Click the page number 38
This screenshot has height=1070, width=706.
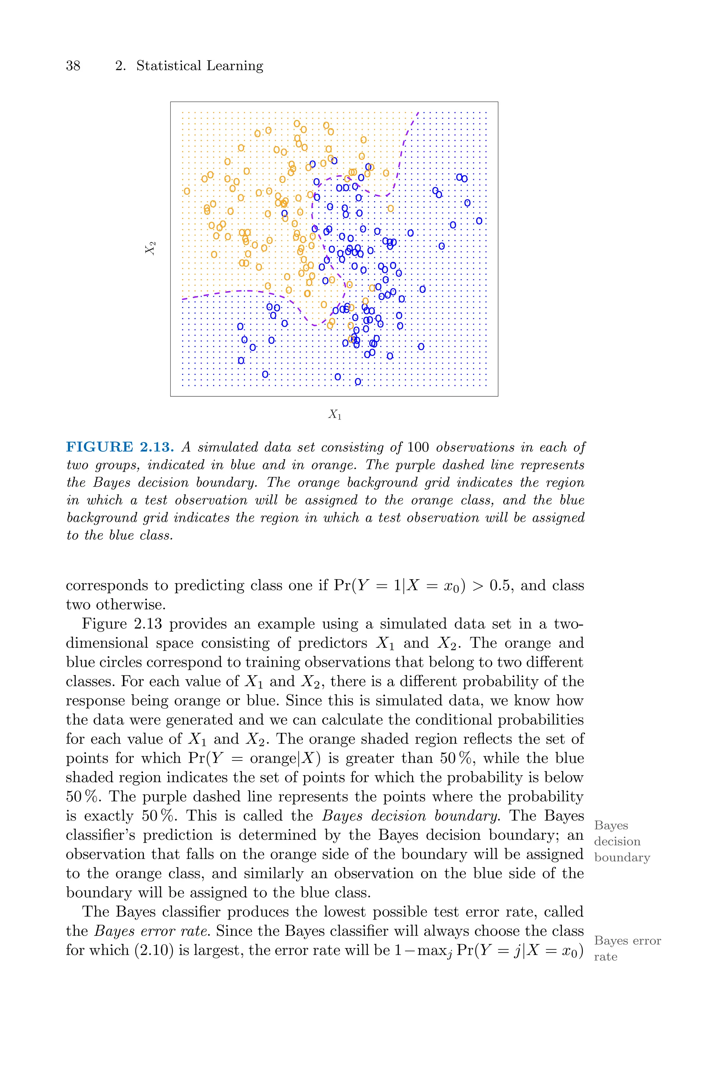pos(73,66)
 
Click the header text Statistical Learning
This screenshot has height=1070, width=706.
pos(200,66)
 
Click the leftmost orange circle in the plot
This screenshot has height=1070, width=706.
pos(187,191)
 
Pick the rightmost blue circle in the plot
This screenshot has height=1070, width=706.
pos(479,221)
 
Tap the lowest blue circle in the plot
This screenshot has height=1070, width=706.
pos(358,381)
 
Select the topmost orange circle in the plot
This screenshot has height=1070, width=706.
pos(297,123)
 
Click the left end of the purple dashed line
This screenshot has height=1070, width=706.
pos(183,299)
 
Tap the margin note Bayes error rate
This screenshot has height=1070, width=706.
pos(627,948)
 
